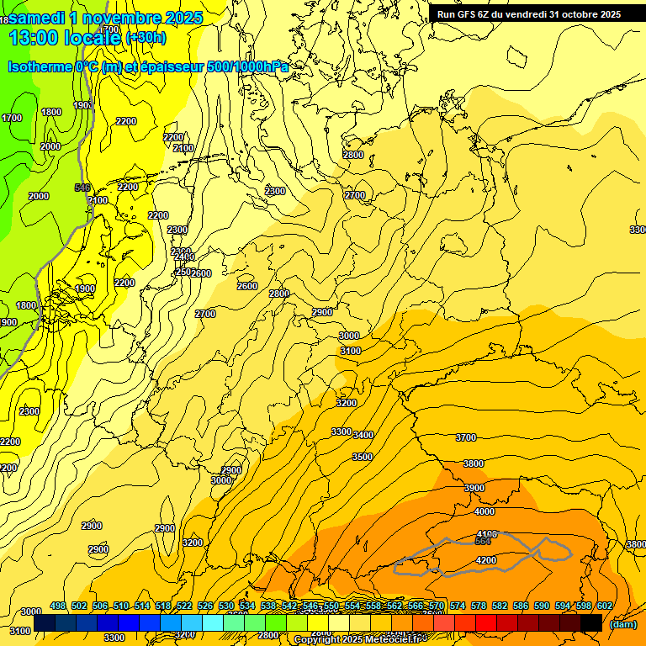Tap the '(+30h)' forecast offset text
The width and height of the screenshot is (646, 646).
click(146, 37)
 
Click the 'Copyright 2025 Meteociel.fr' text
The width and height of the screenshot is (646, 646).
click(368, 640)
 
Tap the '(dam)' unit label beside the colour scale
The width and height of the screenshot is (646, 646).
click(622, 624)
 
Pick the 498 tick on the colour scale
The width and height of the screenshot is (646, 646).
click(58, 606)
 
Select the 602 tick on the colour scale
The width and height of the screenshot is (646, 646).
click(605, 606)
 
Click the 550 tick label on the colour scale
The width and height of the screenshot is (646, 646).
click(331, 606)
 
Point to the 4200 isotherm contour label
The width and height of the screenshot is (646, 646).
click(485, 560)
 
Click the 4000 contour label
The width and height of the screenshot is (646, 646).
click(484, 511)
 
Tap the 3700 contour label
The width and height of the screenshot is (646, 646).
click(465, 437)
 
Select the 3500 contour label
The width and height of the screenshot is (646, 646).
click(362, 457)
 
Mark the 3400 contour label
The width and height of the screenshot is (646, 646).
click(363, 435)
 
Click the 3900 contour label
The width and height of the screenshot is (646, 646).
click(474, 488)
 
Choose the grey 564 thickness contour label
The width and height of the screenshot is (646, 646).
click(483, 541)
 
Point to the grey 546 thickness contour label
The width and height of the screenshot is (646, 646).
click(82, 188)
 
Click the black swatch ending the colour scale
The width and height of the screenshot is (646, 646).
click(591, 622)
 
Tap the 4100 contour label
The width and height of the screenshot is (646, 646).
click(486, 534)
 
